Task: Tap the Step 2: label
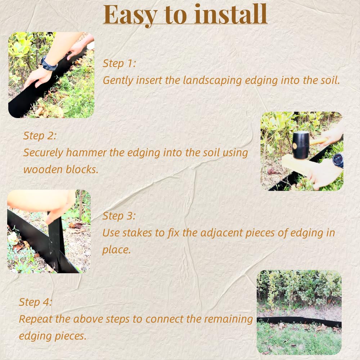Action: click(x=40, y=136)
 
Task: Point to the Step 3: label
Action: click(x=119, y=216)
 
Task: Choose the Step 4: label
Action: click(x=35, y=302)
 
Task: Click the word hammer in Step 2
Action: click(x=90, y=153)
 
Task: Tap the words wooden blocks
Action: click(x=61, y=170)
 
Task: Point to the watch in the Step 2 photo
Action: click(x=338, y=160)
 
